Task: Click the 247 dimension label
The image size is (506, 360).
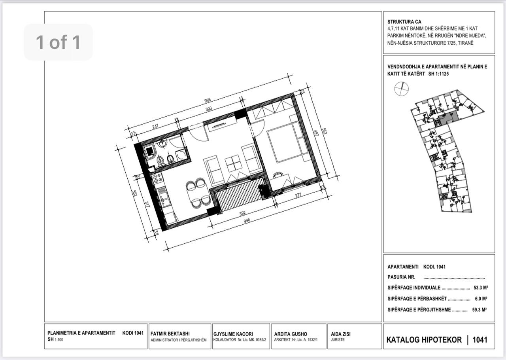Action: pos(155,126)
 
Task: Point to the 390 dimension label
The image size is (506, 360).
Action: pos(208,109)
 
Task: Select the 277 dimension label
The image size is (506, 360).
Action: pos(298,195)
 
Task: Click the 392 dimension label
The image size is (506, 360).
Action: pos(242,213)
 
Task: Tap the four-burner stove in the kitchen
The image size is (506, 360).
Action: pos(157,178)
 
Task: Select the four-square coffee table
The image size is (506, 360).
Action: pos(234,163)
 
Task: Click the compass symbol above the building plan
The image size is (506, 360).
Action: pos(401,89)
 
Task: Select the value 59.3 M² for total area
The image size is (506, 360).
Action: pos(480,310)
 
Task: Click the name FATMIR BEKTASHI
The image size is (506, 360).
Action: pos(170,334)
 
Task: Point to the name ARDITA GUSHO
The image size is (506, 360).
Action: pos(291,334)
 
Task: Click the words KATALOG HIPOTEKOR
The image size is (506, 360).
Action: pos(424,340)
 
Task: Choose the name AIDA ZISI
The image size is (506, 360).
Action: pos(341,334)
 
